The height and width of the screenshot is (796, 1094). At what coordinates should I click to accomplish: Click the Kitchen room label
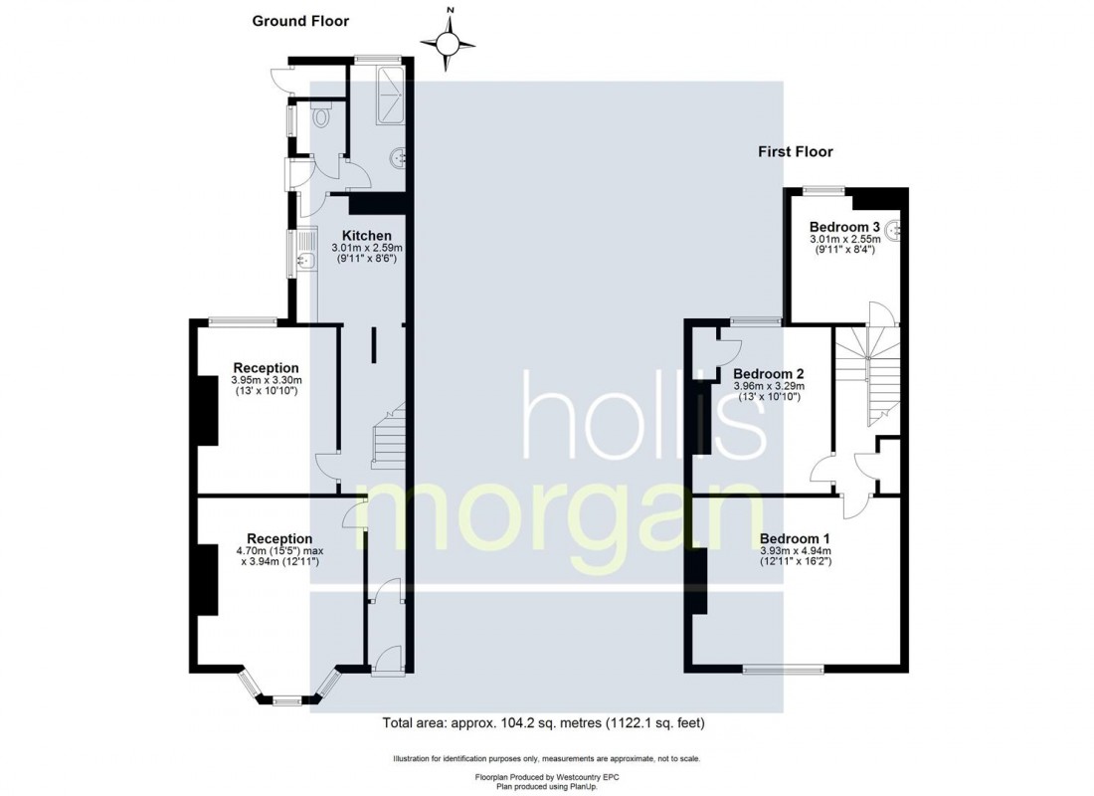click(x=366, y=236)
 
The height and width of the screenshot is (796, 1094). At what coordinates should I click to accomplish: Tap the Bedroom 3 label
click(x=844, y=227)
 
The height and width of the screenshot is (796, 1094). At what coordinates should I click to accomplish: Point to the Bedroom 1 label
click(x=795, y=539)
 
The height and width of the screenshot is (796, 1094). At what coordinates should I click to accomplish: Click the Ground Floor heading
click(x=300, y=21)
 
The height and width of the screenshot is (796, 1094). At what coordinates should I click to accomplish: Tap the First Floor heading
click(x=796, y=151)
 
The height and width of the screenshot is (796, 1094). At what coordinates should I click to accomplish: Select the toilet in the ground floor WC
click(x=321, y=115)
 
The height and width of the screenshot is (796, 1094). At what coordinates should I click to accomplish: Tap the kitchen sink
click(x=305, y=254)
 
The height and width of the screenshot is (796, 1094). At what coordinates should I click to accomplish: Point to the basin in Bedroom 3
click(x=896, y=229)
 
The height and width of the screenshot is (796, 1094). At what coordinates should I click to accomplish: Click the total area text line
click(x=543, y=723)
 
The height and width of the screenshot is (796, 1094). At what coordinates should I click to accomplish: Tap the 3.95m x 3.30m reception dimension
click(x=266, y=380)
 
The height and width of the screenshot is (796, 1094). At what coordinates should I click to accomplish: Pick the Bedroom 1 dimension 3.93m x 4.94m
click(x=796, y=551)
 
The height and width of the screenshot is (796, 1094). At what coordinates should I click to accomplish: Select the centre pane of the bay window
click(x=286, y=700)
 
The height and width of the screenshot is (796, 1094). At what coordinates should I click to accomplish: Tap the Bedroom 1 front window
click(x=784, y=670)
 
